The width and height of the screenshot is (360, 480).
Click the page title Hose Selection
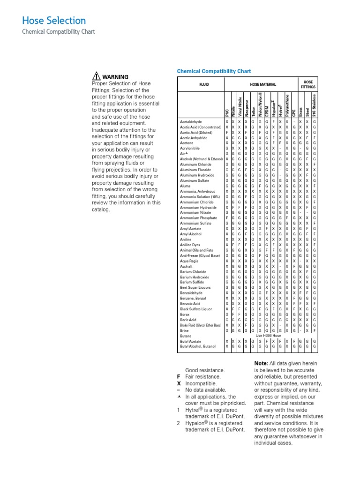pos(54,21)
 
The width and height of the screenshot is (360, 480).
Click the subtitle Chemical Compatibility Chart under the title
pos(59,32)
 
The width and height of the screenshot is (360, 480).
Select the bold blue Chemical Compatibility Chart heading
pos(214,71)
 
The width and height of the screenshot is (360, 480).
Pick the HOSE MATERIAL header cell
pos(262,85)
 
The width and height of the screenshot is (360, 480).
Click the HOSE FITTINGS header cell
pos(308,84)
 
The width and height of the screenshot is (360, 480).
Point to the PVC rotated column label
pos(227,112)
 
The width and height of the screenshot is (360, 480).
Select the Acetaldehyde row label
pos(192,121)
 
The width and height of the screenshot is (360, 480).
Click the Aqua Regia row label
pos(190,261)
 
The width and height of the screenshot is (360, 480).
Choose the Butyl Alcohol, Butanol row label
pos(198,346)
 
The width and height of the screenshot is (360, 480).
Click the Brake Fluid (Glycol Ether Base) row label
pos(201,325)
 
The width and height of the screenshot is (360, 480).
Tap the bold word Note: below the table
pos(261,364)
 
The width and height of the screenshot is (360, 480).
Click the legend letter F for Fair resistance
pos(178,376)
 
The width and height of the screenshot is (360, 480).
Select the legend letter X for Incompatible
pos(178,383)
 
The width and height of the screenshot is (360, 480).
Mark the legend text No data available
pos(206,390)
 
